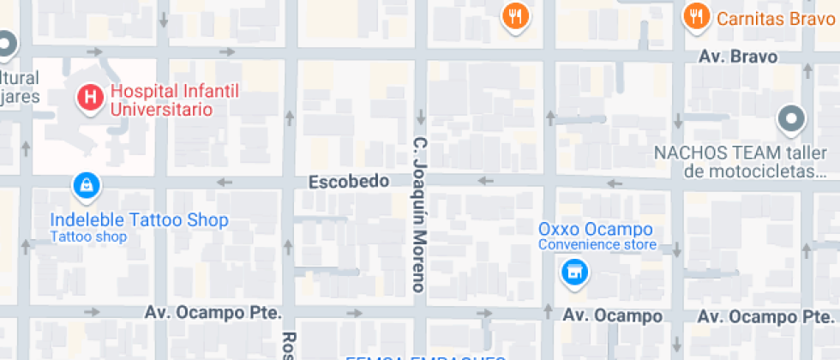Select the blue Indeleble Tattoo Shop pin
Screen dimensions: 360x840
coord(87,184)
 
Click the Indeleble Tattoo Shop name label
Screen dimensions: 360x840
coord(139,220)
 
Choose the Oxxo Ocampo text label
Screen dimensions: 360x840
coord(595,229)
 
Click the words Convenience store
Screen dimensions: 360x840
coord(597,245)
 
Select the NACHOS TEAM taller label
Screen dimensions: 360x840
coord(741,153)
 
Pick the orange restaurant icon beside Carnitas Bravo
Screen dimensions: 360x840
coord(696,15)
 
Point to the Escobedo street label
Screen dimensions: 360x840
coord(349,182)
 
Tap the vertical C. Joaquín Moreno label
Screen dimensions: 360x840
coord(419,214)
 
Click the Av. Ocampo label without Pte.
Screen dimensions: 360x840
coord(612,316)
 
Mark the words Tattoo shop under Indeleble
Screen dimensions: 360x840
coord(88,237)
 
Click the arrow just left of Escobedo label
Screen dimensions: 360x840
coord(225,182)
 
